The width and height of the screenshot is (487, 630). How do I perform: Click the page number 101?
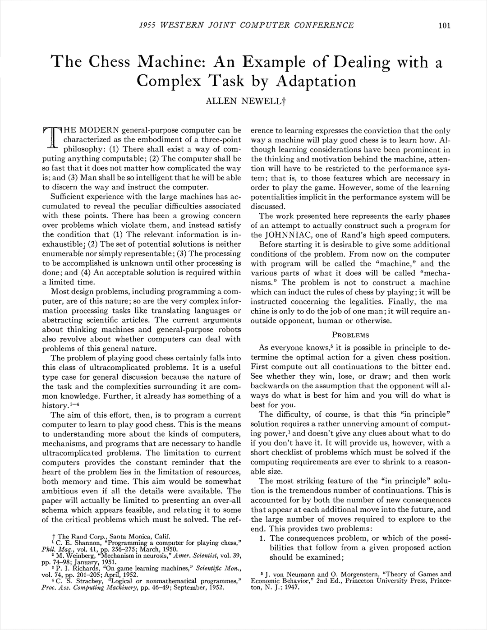click(x=444, y=25)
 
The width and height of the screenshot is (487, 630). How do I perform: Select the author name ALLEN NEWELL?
click(x=243, y=101)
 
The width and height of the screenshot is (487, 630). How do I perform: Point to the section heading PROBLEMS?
click(x=350, y=335)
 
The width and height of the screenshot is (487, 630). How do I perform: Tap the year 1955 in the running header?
click(x=147, y=25)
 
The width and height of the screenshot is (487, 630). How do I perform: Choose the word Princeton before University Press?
click(x=340, y=581)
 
